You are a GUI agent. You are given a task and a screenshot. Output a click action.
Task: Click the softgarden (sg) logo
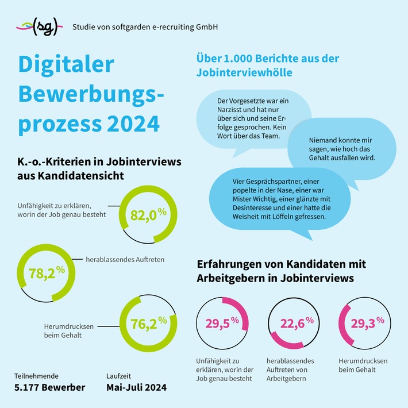point(38,26)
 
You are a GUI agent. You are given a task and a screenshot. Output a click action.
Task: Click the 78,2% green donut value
point(47,273)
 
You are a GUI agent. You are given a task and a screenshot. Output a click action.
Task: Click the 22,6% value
point(297,324)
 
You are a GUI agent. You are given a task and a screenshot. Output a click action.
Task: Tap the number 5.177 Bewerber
point(50,387)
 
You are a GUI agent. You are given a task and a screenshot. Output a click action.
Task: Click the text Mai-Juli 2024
point(136,387)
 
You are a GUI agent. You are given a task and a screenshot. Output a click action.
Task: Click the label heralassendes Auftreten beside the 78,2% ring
point(125,260)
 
